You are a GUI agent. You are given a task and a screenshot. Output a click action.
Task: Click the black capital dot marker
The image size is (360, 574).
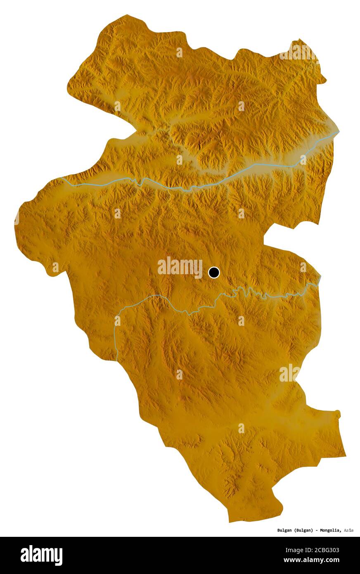[214, 273]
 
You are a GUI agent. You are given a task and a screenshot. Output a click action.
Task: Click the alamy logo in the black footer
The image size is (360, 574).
[41, 555]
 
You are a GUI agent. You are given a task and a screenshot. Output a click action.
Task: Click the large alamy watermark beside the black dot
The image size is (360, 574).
[180, 267]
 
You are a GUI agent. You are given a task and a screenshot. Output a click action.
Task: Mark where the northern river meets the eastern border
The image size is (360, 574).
[339, 132]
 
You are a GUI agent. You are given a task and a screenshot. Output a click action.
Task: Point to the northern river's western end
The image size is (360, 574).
[61, 178]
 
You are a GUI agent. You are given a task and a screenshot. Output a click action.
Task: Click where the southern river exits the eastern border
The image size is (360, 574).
[320, 277]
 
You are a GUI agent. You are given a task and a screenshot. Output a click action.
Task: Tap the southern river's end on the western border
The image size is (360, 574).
[117, 360]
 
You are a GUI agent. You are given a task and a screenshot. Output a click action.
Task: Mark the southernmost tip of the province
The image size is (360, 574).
[230, 522]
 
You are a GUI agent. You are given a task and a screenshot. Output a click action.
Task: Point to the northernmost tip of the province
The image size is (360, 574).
[126, 16]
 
